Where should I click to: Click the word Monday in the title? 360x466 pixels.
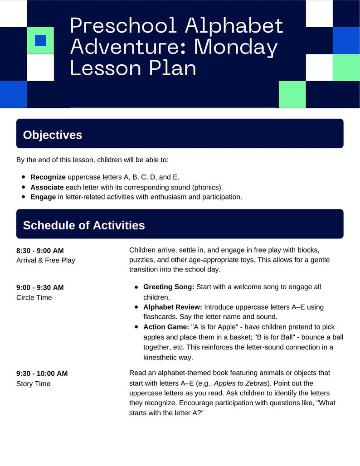pos(236,48)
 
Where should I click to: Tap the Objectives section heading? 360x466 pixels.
pos(53,135)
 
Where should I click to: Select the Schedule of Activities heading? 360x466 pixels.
pos(84,225)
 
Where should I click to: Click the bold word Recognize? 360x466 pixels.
pos(48,177)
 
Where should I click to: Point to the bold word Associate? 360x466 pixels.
pos(47,187)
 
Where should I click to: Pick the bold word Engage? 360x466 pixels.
pos(43,197)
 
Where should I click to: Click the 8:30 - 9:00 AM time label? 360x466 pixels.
pos(40,251)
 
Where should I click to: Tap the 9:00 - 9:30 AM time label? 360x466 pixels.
pos(40,287)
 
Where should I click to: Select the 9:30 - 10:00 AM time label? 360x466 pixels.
pos(42,373)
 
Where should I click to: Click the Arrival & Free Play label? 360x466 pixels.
pos(46,260)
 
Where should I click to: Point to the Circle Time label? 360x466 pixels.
pos(34,297)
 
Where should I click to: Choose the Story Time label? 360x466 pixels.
pos(33,383)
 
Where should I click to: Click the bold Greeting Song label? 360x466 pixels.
pos(169,287)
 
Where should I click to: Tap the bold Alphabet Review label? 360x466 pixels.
pos(173,307)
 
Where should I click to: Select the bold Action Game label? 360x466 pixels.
pos(166,327)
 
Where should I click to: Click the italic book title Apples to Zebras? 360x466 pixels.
pos(240,383)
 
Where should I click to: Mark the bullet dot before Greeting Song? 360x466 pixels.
pos(136,287)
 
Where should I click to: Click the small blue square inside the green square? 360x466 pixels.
pos(40,40)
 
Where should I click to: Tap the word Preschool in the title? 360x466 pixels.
pos(123,26)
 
